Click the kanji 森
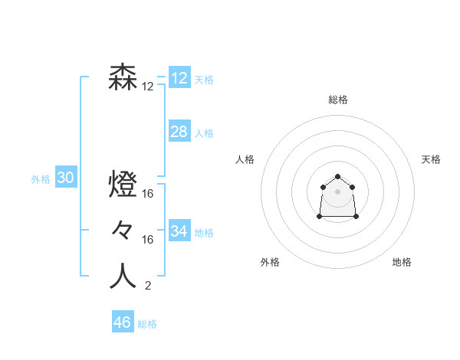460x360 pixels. click(x=123, y=77)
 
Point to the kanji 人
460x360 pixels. click(x=123, y=277)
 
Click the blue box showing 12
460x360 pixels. click(x=179, y=78)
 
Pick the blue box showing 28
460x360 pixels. click(x=179, y=132)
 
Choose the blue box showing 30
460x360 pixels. click(x=66, y=178)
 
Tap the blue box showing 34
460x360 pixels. click(x=179, y=231)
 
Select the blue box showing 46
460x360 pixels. click(x=123, y=322)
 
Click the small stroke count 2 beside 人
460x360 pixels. click(x=148, y=286)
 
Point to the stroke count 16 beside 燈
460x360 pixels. click(x=148, y=195)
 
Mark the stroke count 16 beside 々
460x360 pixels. click(x=148, y=241)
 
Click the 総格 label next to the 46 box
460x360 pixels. click(x=147, y=324)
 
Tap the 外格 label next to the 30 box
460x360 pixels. click(x=41, y=179)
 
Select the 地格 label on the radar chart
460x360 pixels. click(x=402, y=263)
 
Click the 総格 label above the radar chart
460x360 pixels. click(x=338, y=100)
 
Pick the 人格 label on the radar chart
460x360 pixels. click(x=245, y=159)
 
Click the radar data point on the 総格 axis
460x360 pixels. click(x=338, y=177)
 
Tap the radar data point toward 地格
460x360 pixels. click(x=356, y=218)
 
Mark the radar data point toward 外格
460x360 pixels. click(x=320, y=218)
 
